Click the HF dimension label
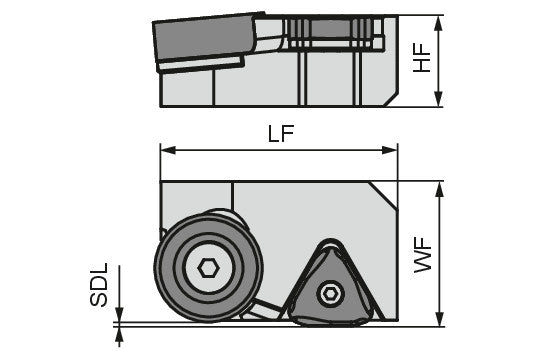tap(422, 58)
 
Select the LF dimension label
tap(281, 134)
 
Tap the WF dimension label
tap(422, 255)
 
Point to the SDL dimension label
tap(99, 285)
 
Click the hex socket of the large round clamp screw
tap(209, 269)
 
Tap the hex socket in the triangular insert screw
tap(330, 293)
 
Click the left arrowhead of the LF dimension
tap(168, 150)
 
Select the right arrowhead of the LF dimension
tap(389, 150)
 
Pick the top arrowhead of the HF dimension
tap(438, 23)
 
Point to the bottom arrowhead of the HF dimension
tap(438, 99)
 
